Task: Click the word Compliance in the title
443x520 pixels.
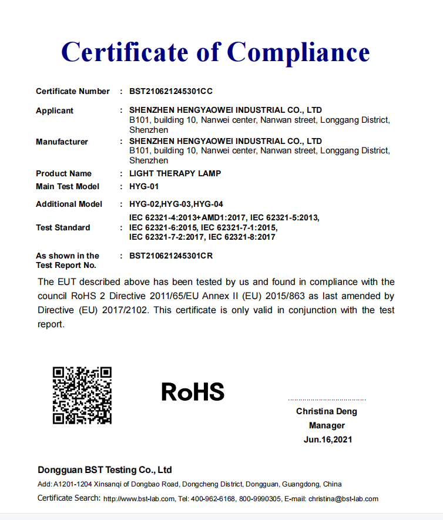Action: click(x=298, y=52)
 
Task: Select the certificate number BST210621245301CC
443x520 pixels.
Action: click(x=170, y=91)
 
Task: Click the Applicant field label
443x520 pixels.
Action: click(x=55, y=110)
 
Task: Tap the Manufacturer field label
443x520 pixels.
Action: click(x=62, y=142)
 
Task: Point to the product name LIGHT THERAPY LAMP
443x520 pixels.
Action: click(x=175, y=173)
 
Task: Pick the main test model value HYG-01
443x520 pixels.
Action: click(x=144, y=186)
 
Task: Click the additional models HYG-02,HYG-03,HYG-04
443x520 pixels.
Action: click(x=176, y=204)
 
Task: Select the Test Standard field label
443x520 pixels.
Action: click(x=63, y=227)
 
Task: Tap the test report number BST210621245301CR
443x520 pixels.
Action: click(x=170, y=256)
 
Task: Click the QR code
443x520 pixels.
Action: click(x=82, y=395)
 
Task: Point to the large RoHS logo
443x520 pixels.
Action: click(x=193, y=391)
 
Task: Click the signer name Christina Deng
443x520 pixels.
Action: click(x=327, y=411)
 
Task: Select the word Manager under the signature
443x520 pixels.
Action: click(x=327, y=425)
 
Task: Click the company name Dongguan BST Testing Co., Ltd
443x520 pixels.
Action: click(x=105, y=470)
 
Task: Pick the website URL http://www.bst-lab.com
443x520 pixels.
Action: click(x=139, y=499)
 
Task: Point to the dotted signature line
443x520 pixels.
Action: click(x=327, y=400)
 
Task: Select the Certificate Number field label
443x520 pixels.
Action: click(x=72, y=91)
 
